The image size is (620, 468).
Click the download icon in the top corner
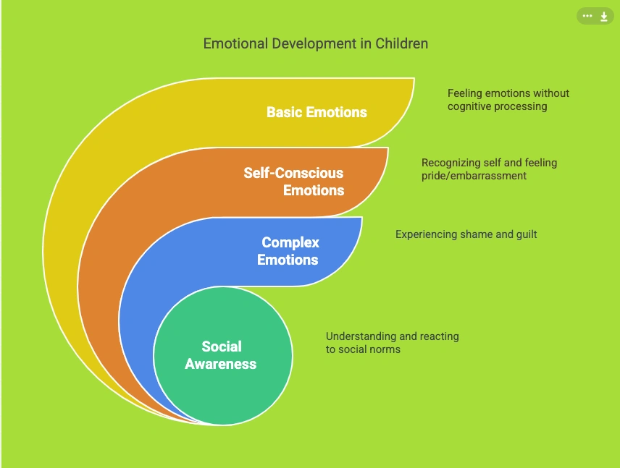[604, 17]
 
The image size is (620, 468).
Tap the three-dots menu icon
[587, 16]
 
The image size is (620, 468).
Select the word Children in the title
[401, 43]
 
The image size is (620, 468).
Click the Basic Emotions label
[317, 112]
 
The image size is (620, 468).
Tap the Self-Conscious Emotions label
[294, 182]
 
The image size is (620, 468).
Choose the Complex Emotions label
[290, 251]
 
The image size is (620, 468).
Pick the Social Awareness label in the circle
[221, 355]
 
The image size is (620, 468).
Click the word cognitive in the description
[472, 106]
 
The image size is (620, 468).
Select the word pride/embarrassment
[474, 176]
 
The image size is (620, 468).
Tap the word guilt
[524, 234]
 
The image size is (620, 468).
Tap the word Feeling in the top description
[464, 93]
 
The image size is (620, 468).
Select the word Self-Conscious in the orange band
[294, 173]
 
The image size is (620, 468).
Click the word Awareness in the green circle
[221, 364]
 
